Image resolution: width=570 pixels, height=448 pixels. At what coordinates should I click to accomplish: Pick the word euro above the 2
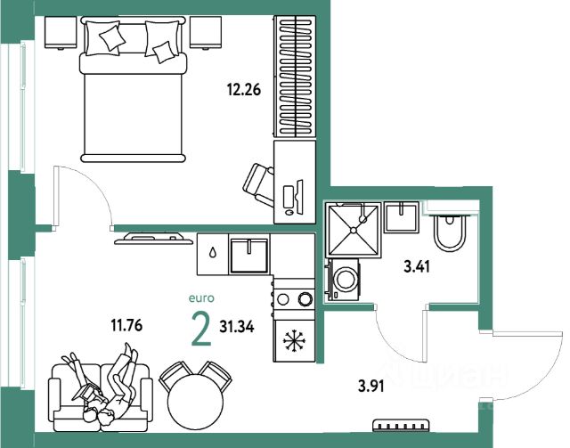[201, 300]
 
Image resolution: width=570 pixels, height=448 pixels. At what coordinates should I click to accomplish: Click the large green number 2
[202, 330]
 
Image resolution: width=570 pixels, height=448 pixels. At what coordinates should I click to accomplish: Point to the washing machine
[345, 278]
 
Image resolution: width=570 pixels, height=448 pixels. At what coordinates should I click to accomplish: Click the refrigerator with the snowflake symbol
[295, 342]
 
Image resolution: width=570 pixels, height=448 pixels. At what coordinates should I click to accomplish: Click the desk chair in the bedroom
[259, 183]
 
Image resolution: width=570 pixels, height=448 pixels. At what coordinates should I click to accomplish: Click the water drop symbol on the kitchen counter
[213, 253]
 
